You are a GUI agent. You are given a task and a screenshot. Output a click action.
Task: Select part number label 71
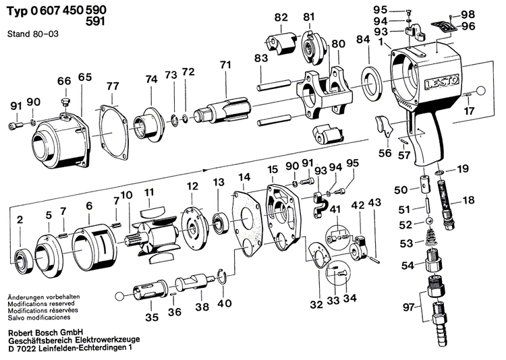225,65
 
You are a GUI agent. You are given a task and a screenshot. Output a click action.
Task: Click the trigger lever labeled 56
383,125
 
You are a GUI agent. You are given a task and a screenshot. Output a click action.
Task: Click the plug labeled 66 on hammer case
66,102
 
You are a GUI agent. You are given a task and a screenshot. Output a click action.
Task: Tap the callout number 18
468,201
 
